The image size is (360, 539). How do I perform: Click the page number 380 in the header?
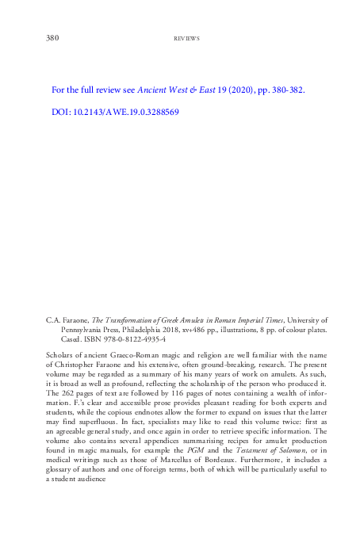pyautogui.click(x=52, y=37)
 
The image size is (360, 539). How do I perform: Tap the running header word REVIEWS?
pyautogui.click(x=186, y=38)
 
